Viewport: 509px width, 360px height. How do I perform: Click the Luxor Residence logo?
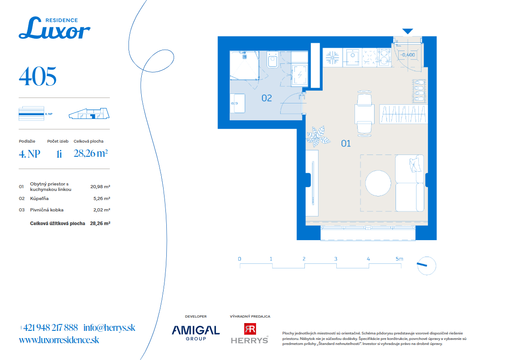pos(55,28)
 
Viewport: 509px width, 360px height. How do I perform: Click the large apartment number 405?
pos(38,77)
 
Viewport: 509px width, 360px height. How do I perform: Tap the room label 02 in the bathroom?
pos(267,98)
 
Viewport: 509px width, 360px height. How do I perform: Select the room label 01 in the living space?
pos(346,144)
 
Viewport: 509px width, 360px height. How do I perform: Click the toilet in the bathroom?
pos(272,59)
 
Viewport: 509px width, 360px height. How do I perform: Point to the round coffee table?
pos(378,183)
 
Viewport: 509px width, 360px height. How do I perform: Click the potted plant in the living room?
pos(317,136)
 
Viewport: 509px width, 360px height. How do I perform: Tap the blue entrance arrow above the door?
pos(408,31)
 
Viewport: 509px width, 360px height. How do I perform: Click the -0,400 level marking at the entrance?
pos(407,55)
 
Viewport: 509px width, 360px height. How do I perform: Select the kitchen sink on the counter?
pos(352,57)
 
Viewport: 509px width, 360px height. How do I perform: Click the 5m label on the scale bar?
pos(399,259)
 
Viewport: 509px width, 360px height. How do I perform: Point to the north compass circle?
pos(426,266)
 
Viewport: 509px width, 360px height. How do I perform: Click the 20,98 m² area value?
pos(100,187)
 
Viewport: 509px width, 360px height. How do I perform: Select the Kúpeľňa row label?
pos(39,198)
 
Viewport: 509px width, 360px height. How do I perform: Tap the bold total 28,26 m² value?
pos(100,223)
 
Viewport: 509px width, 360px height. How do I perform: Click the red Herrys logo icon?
pos(250,329)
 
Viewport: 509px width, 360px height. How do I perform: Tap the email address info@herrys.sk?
pos(109,328)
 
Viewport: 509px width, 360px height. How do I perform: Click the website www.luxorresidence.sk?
pos(59,340)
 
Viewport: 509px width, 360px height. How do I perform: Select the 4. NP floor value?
pos(30,154)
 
